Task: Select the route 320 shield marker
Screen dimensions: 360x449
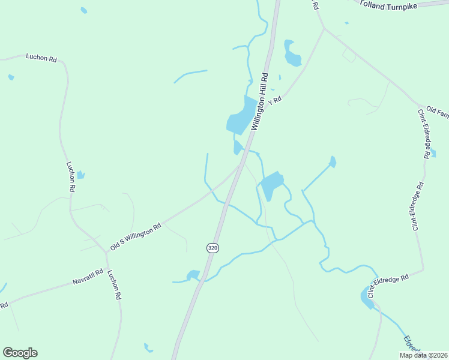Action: [212, 247]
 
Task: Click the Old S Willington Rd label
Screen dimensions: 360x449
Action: [136, 237]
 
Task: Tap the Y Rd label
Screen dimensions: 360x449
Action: [275, 101]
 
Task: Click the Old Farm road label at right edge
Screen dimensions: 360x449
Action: [437, 112]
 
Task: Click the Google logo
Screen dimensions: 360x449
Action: [20, 353]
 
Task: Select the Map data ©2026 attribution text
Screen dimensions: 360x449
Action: [424, 355]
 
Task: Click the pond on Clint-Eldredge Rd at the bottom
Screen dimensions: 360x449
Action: [367, 296]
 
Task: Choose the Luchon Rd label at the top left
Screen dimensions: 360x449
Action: [41, 58]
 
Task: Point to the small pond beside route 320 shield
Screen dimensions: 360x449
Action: [193, 275]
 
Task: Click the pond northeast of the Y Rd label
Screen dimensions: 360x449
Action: [292, 55]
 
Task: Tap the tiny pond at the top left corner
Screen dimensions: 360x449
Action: [83, 10]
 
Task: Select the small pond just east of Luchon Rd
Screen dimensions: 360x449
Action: [80, 175]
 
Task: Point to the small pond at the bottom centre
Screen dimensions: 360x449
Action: [148, 347]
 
